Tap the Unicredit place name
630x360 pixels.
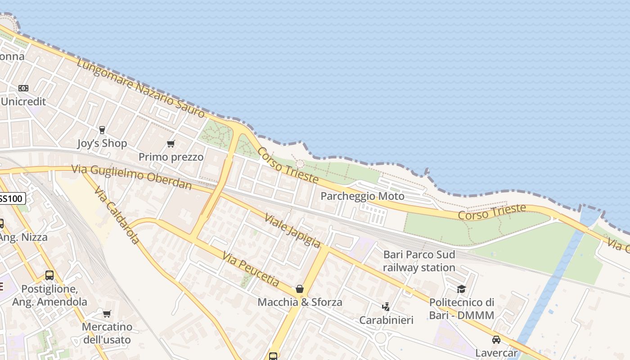(x=23, y=101)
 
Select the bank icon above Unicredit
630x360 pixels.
(x=23, y=88)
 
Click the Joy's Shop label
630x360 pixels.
(x=102, y=143)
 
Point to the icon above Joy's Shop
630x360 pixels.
(x=102, y=130)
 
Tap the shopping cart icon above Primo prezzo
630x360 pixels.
(x=171, y=144)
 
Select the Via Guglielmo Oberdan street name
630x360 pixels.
(x=132, y=177)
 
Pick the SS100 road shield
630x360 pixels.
(x=11, y=198)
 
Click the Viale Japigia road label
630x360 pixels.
(x=292, y=230)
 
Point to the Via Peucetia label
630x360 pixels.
(x=251, y=269)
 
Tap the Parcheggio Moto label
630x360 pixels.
(x=362, y=196)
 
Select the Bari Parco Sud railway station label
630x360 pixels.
(x=419, y=261)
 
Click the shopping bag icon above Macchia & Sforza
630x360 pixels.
(x=300, y=288)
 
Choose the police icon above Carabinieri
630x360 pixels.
(x=386, y=307)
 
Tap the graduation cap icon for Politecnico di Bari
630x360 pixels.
(x=461, y=288)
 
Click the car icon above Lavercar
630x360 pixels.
(x=496, y=340)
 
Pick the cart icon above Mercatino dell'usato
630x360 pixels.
(x=107, y=314)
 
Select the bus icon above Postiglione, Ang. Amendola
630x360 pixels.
(x=49, y=275)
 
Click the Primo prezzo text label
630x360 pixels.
(x=171, y=157)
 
